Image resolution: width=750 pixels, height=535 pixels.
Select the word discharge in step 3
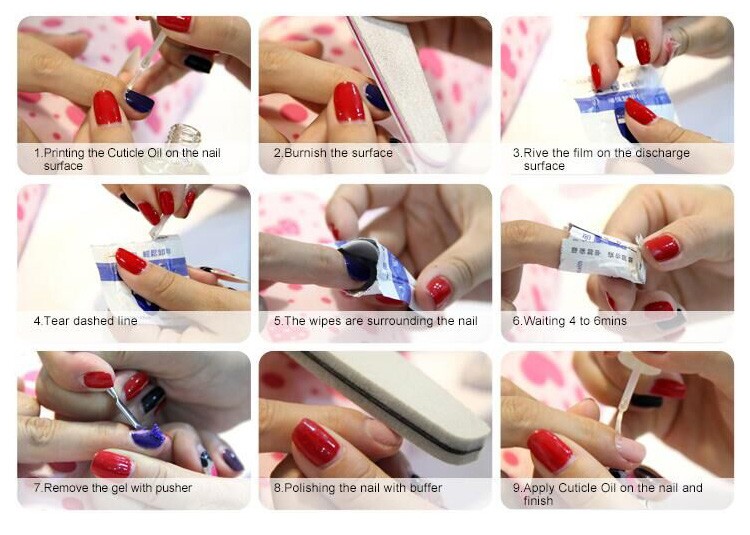(x=662, y=153)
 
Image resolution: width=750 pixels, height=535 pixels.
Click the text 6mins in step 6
(x=610, y=321)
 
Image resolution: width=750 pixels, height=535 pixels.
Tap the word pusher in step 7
(x=174, y=488)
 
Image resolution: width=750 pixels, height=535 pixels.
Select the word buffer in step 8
(x=426, y=488)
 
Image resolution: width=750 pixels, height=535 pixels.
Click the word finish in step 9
(x=538, y=501)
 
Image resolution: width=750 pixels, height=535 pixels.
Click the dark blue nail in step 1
(x=139, y=101)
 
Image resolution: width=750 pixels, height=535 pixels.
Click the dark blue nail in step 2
(x=376, y=97)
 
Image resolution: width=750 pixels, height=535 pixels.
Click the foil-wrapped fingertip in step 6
(x=603, y=253)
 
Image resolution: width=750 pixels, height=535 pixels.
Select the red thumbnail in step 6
(x=662, y=248)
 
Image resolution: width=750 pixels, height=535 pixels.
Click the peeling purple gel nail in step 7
(x=148, y=437)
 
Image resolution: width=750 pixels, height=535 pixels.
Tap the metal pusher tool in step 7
(x=123, y=409)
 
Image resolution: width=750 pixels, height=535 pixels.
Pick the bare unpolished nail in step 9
(x=630, y=449)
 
